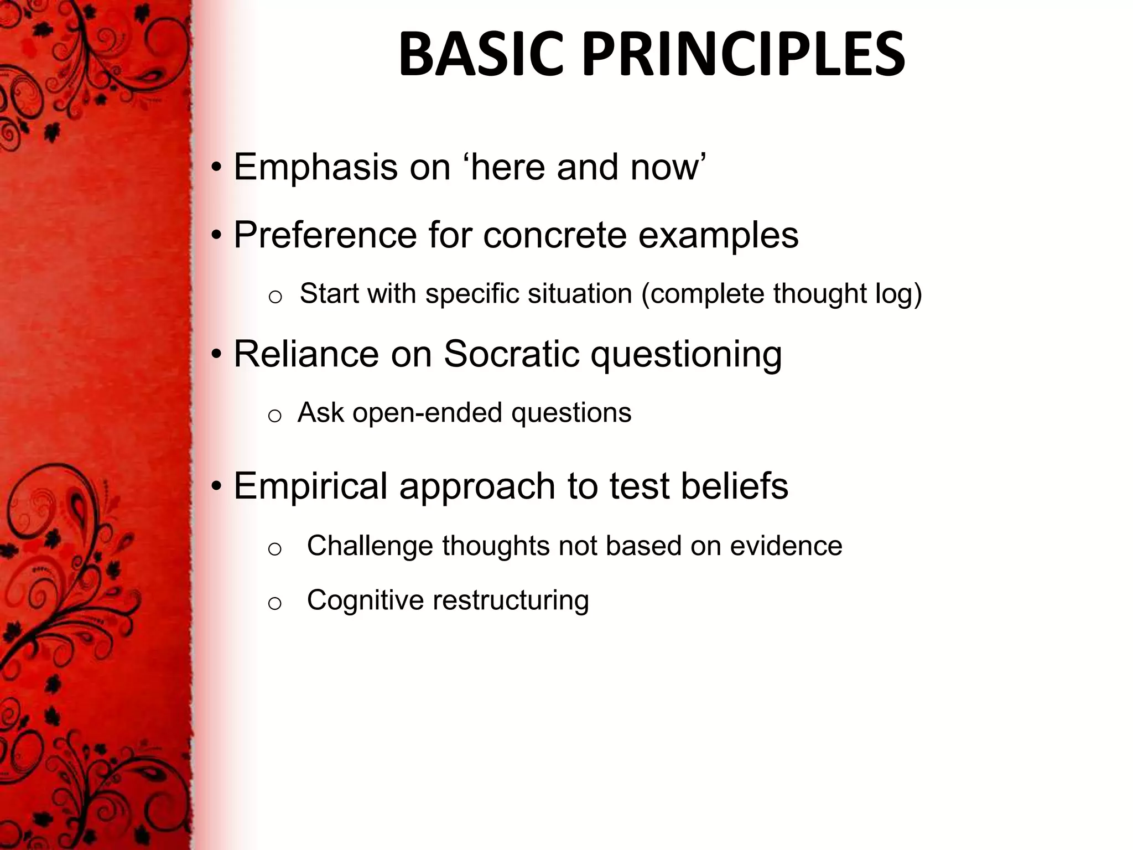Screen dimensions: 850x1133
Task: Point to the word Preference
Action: tap(325, 235)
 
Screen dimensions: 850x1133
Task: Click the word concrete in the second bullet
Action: tap(554, 235)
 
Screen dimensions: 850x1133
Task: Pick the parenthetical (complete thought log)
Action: tap(781, 293)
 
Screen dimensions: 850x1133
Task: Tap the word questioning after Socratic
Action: tap(686, 354)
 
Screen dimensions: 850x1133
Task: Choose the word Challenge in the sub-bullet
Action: tap(370, 546)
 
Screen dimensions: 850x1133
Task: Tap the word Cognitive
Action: tap(365, 600)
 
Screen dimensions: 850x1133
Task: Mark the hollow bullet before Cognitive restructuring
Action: tap(274, 603)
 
